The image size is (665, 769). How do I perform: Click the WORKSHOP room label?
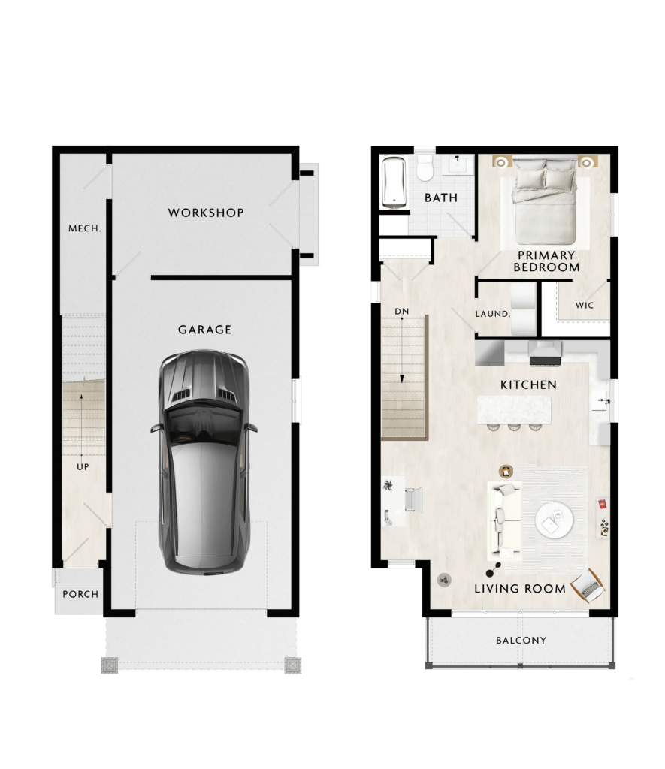pos(206,213)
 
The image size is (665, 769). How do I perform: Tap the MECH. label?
pos(84,228)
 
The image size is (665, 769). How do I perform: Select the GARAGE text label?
pos(204,330)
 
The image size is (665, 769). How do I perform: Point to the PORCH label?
pos(80,595)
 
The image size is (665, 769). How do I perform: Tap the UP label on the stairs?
pos(83,467)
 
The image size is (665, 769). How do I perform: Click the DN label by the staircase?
pos(402,312)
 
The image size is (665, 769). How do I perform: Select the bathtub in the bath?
pos(394,182)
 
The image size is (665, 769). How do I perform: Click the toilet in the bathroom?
pos(425,169)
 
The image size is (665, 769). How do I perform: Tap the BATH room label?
pos(441,198)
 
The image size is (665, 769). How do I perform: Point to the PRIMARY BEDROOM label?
pos(546,261)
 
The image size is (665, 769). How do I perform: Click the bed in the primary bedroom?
pos(544,201)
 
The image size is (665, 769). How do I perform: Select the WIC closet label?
pos(585,306)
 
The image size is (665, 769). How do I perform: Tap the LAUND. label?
pos(493,314)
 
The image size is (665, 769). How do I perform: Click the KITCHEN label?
pos(528,385)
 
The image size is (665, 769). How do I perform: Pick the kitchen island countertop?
pos(514,409)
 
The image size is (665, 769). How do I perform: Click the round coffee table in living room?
pos(554,520)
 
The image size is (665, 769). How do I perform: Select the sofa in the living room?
pos(503,520)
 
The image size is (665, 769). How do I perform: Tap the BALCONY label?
pos(521,641)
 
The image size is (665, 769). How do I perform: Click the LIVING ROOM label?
pos(520,589)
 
